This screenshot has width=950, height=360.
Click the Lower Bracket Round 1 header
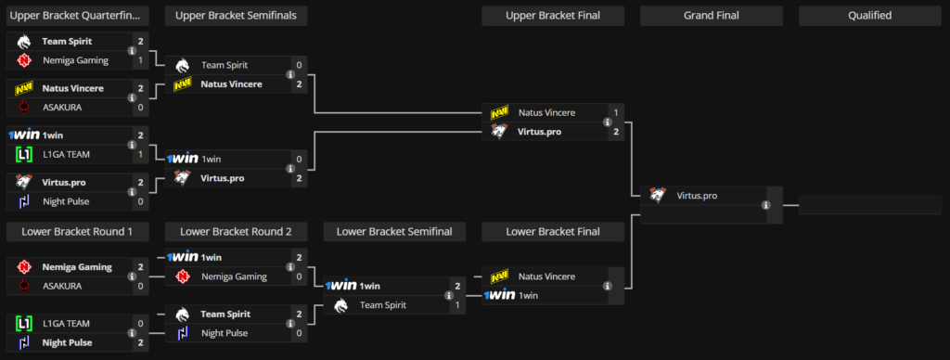tap(78, 231)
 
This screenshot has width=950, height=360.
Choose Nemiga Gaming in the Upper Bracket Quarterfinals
tap(75, 60)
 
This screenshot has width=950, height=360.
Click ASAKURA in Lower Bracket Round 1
tap(62, 286)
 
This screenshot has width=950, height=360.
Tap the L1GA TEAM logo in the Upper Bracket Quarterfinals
tap(25, 153)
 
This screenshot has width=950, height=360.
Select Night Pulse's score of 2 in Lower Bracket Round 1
tap(141, 341)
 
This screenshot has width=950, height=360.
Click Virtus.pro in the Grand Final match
tap(697, 196)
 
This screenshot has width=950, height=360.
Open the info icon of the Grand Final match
tap(765, 205)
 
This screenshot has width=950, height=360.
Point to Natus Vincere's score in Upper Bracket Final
tap(616, 112)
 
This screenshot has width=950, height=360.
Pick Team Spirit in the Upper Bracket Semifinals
tap(227, 66)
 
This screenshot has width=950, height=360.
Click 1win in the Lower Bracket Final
tap(528, 295)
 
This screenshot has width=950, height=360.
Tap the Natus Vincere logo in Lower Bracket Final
tap(499, 276)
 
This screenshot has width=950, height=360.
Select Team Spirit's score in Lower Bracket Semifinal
tap(456, 304)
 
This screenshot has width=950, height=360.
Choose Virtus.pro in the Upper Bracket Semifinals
tap(223, 177)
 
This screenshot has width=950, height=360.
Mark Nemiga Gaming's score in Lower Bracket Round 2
tap(299, 276)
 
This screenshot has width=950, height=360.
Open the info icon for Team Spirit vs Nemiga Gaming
tap(133, 51)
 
